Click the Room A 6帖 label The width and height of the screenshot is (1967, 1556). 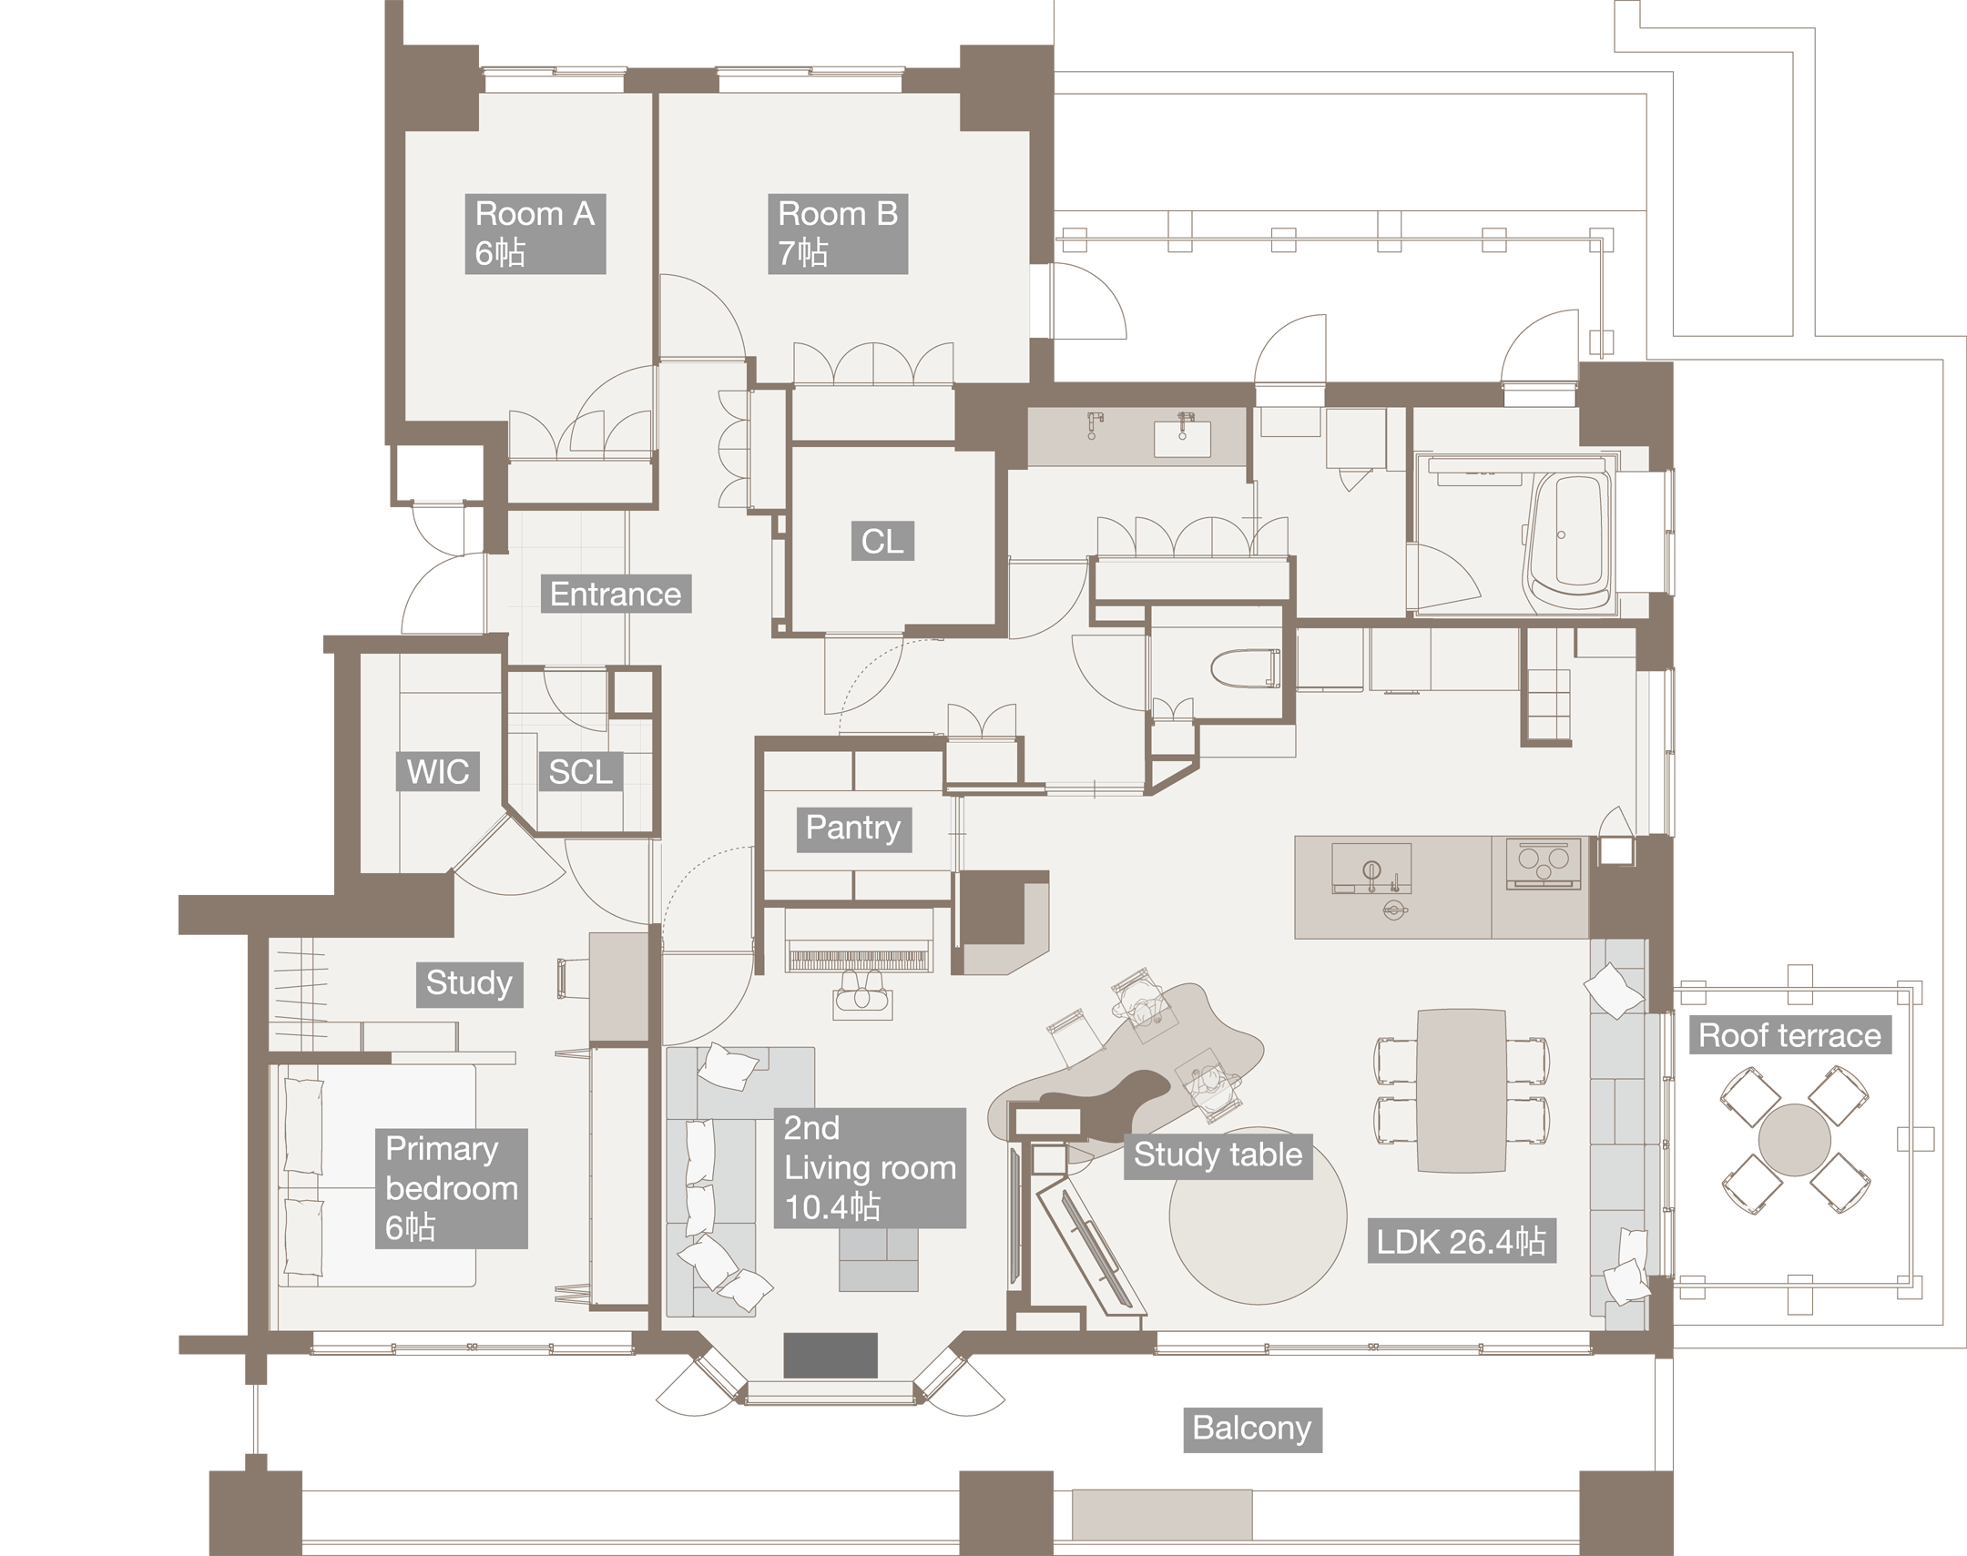[x=535, y=233]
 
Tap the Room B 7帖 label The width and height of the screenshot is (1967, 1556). [x=837, y=233]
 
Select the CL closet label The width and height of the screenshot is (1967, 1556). [x=882, y=541]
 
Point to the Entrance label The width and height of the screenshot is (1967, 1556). [x=616, y=594]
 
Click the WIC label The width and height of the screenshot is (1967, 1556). [x=438, y=771]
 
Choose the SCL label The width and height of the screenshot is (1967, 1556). [x=580, y=771]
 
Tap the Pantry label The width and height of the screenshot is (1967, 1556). [x=853, y=829]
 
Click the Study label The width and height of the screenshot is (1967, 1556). [x=469, y=984]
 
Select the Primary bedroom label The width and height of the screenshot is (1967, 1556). [x=451, y=1188]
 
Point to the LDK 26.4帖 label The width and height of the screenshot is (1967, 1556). [x=1461, y=1242]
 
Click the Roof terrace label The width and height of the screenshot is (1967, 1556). [x=1789, y=1037]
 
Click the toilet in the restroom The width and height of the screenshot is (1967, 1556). [x=1245, y=668]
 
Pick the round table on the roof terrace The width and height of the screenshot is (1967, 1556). [x=1794, y=1140]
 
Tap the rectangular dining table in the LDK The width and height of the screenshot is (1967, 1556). [x=1461, y=1091]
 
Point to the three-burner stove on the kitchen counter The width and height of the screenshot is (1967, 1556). [x=1543, y=862]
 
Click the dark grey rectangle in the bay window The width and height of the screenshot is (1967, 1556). [x=830, y=1356]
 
